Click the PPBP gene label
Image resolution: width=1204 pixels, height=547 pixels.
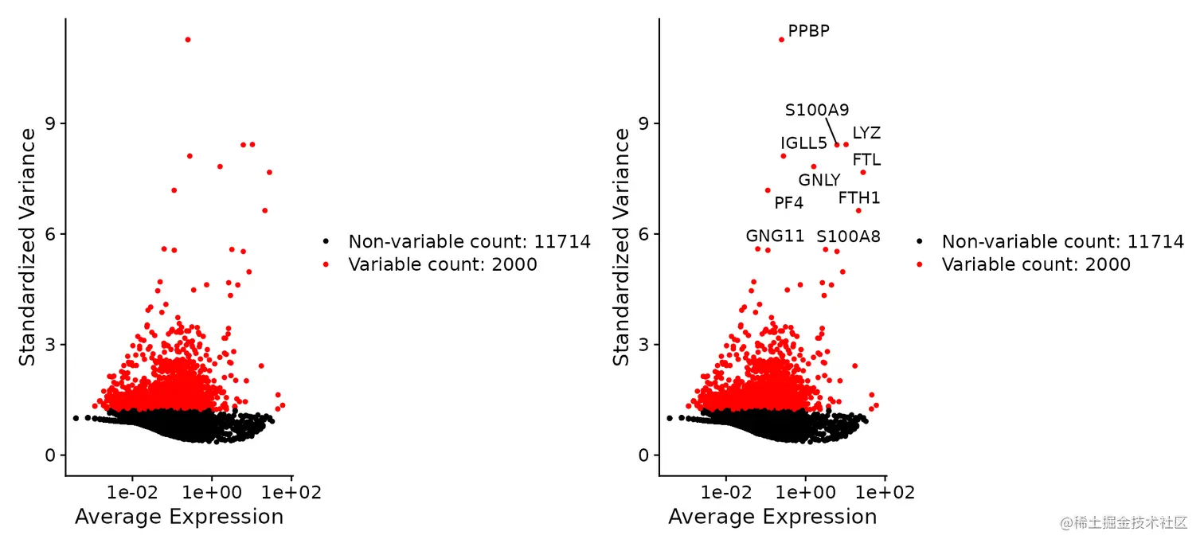[808, 31]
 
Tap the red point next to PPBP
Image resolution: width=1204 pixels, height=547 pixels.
[781, 40]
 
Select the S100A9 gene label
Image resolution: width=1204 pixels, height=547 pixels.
[817, 110]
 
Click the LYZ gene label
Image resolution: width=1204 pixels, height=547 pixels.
[866, 133]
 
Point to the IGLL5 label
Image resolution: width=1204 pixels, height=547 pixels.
[803, 143]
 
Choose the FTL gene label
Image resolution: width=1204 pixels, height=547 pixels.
[866, 160]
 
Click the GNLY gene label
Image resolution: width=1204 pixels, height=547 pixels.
[819, 181]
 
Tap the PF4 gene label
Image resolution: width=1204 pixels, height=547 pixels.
[788, 203]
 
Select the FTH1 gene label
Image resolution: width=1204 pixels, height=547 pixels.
[859, 197]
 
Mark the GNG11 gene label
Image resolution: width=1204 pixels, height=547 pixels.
[775, 236]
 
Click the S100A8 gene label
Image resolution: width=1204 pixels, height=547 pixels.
[848, 236]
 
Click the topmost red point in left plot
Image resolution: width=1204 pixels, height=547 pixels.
[187, 40]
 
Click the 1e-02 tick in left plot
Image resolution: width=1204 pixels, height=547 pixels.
[132, 493]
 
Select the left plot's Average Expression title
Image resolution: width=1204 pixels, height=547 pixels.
[179, 518]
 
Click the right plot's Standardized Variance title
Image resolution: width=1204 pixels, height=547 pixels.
[621, 248]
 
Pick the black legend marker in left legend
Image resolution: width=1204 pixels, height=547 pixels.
[326, 241]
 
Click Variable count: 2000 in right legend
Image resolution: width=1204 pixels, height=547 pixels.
[1035, 264]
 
